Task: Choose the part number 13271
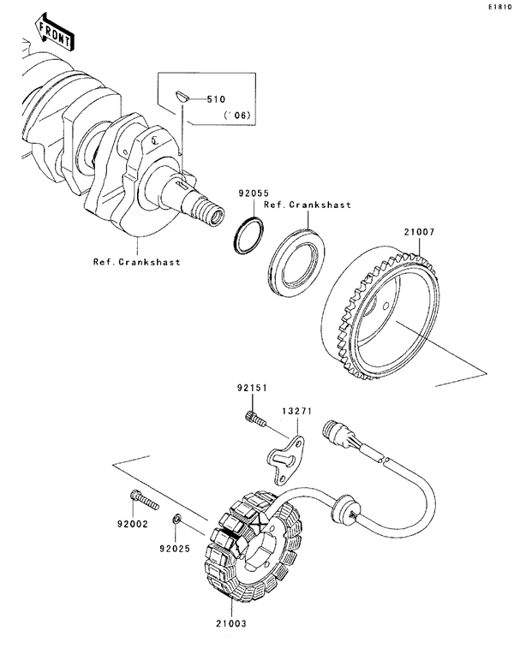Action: click(x=298, y=412)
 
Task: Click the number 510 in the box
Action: click(x=219, y=99)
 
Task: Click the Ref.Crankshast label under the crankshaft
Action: click(x=137, y=263)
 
